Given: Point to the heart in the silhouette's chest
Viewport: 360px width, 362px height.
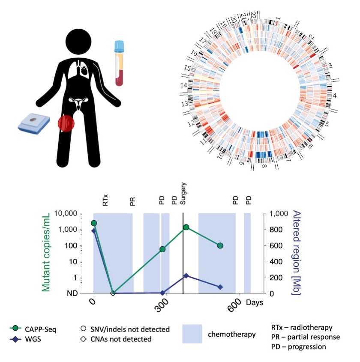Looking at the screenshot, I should pos(85,70).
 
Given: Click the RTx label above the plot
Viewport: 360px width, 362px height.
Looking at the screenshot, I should pos(106,200).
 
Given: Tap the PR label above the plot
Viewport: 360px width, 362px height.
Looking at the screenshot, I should pos(132,201).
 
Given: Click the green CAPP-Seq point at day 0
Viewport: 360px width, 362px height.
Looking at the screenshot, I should pos(94,223).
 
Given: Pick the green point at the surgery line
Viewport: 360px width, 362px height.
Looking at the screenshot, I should pos(186,227).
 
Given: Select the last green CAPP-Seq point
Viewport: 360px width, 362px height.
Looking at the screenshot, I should pos(220,245).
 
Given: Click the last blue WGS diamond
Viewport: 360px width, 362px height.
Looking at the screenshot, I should pos(220,287).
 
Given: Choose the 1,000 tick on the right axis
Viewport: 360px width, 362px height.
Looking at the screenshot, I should pos(277,213).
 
